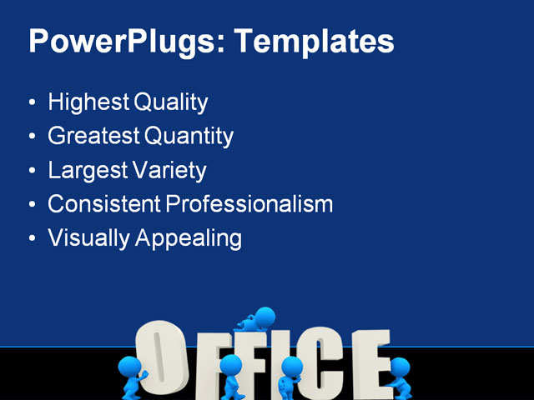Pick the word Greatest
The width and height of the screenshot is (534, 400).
pyautogui.click(x=94, y=136)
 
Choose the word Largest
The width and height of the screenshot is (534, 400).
pyautogui.click(x=86, y=170)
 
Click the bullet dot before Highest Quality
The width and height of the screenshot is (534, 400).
pyautogui.click(x=32, y=104)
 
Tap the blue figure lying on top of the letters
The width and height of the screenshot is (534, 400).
pyautogui.click(x=257, y=319)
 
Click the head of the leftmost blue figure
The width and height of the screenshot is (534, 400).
pyautogui.click(x=129, y=367)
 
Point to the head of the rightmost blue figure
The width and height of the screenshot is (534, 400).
pyautogui.click(x=400, y=367)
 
